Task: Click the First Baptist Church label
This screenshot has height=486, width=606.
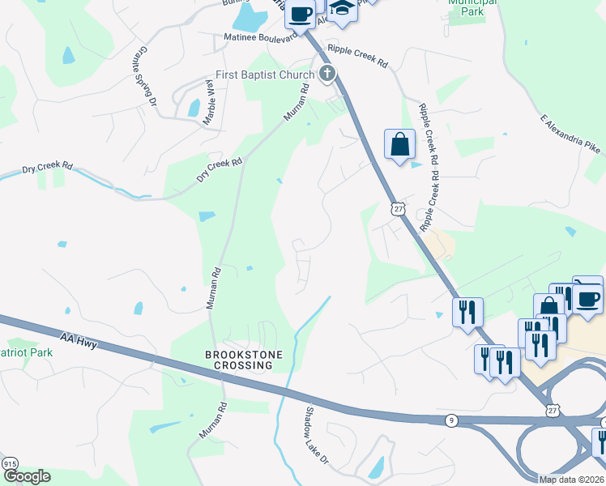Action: click(x=264, y=75)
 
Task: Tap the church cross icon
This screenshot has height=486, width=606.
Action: click(x=326, y=75)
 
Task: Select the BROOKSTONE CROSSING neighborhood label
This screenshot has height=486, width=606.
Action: click(x=239, y=360)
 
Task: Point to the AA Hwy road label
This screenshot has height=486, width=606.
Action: click(x=79, y=339)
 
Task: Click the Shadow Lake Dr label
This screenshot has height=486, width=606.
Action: click(x=316, y=435)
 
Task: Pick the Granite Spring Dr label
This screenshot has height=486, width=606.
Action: click(x=146, y=75)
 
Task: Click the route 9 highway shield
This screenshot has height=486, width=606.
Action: click(x=451, y=420)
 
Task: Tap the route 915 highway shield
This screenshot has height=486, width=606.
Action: click(x=10, y=463)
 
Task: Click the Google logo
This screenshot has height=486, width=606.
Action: click(x=26, y=475)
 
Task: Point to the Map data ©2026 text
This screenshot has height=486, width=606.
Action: click(x=571, y=480)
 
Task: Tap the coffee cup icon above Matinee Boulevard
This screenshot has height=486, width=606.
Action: click(x=301, y=14)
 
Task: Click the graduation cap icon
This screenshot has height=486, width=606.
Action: click(x=344, y=6)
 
